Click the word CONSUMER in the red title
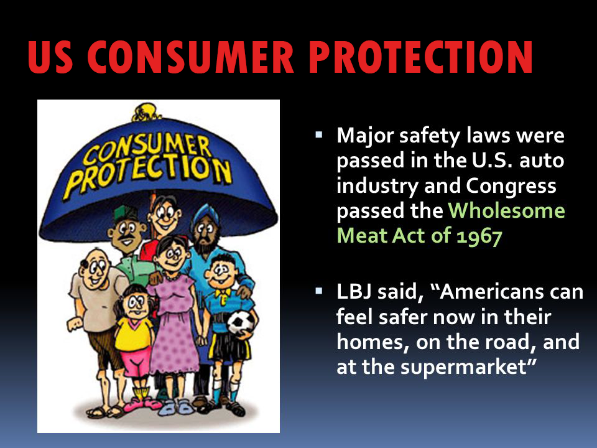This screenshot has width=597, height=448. [x=190, y=57]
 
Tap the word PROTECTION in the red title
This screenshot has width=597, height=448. [x=421, y=57]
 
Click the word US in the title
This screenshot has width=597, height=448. [x=50, y=57]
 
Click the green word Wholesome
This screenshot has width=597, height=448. [x=506, y=210]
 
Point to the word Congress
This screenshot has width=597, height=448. [x=511, y=187]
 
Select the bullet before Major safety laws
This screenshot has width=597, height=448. [x=318, y=134]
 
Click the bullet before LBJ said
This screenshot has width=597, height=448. [x=318, y=291]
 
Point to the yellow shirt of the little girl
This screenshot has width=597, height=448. [x=134, y=334]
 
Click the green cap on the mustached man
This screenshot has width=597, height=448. [x=124, y=214]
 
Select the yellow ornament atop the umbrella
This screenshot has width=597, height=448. [x=147, y=113]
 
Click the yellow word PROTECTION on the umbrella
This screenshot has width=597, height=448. [x=149, y=174]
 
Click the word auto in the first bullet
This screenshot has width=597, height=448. [x=542, y=160]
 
